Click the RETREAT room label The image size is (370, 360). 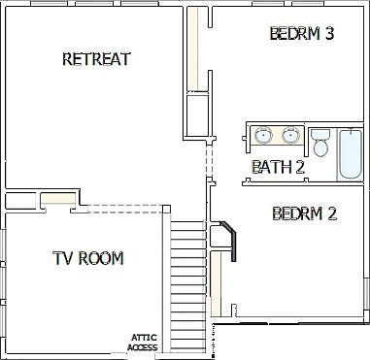tap(96, 59)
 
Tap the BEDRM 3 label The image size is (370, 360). tap(301, 34)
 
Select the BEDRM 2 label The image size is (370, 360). tap(304, 213)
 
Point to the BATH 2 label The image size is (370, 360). tap(279, 167)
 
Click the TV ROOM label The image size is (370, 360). tap(88, 258)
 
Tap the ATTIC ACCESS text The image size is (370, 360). tap(143, 343)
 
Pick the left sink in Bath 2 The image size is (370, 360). tap(262, 134)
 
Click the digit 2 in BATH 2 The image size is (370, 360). tap(300, 167)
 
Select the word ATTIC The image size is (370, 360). tap(143, 338)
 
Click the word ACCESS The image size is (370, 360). tap(143, 347)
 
